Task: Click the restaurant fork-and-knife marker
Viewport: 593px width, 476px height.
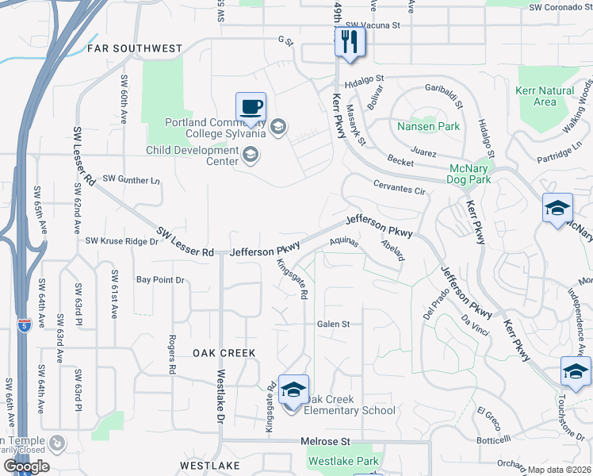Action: [350, 40]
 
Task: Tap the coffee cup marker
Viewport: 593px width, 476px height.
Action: [251, 106]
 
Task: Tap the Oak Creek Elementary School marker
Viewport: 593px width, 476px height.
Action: [293, 389]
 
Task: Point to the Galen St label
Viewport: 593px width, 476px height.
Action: [333, 324]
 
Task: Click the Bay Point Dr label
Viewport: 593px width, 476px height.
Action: [160, 280]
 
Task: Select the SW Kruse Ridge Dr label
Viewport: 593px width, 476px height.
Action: [121, 240]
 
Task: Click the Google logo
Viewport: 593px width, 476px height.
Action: [26, 466]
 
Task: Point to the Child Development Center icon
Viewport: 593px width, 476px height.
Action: [251, 155]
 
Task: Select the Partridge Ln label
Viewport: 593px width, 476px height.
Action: [559, 150]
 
